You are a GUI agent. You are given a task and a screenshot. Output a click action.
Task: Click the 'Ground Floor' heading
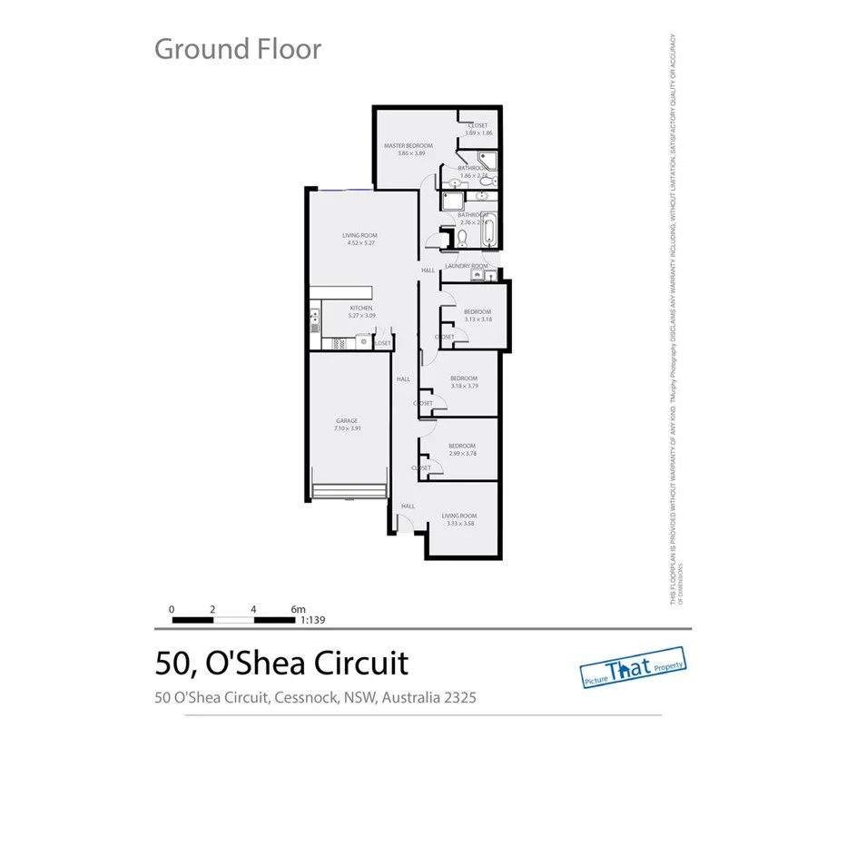tap(238, 48)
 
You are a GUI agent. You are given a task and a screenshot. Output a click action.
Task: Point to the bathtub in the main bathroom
tap(488, 233)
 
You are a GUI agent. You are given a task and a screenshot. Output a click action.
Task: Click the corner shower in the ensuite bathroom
tap(487, 164)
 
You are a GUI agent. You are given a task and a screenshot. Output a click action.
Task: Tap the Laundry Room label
tap(467, 266)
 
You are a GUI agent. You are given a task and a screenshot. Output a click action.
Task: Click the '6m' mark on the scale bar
tap(300, 609)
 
